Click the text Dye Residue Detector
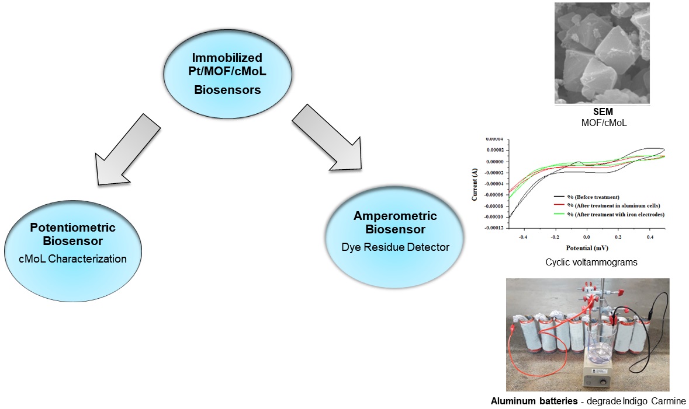[x=396, y=247]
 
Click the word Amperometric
[x=395, y=216]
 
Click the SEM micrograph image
[x=601, y=53]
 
